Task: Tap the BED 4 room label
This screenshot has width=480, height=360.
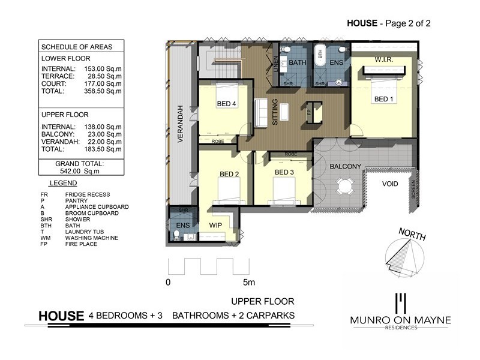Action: tap(226, 104)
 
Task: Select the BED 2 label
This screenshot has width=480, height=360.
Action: tap(229, 175)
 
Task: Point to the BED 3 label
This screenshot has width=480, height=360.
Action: tap(284, 173)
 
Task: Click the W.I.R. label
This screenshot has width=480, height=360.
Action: tap(383, 60)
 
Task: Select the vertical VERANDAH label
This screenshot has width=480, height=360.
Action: tap(179, 122)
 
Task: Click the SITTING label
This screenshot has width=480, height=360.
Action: tap(275, 111)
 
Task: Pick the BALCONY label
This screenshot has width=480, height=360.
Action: tap(344, 166)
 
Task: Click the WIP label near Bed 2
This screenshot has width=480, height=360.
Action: tap(216, 226)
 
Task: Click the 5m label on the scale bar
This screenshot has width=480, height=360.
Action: tap(248, 282)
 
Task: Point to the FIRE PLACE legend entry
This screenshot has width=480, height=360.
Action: tap(83, 244)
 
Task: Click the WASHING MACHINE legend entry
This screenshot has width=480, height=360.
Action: tap(92, 238)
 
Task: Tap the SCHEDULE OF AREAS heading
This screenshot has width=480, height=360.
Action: tap(76, 47)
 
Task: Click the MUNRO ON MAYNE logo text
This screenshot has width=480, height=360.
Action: tap(400, 320)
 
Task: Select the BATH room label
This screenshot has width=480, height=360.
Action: tap(298, 62)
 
